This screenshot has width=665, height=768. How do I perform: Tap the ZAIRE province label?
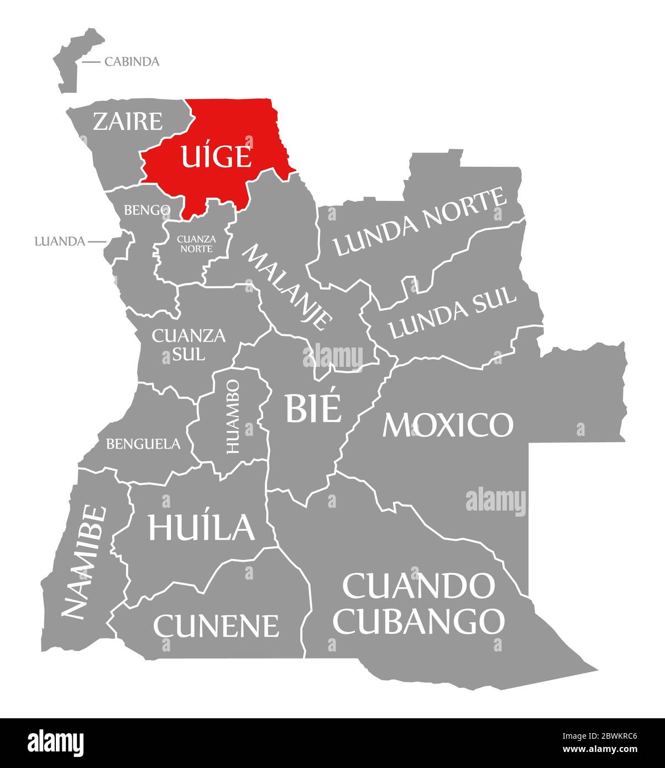coord(127,122)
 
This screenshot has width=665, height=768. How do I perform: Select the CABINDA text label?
coord(132,61)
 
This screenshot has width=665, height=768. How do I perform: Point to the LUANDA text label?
coord(59,241)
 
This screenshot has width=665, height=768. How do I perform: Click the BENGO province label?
coord(146,210)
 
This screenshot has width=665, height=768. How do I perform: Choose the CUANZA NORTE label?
coord(195,244)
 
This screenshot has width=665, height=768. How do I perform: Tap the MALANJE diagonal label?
coord(288,287)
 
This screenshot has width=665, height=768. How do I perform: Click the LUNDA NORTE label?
coord(420,222)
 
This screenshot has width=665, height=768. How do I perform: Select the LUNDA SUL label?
coord(452,313)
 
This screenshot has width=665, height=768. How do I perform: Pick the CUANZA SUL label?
coord(188,344)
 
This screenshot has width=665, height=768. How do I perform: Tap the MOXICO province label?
coord(448,424)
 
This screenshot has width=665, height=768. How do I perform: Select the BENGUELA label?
coord(143,443)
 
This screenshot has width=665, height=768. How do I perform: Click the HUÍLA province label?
coord(201,527)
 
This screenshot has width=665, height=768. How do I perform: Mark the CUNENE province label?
coord(216,625)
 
